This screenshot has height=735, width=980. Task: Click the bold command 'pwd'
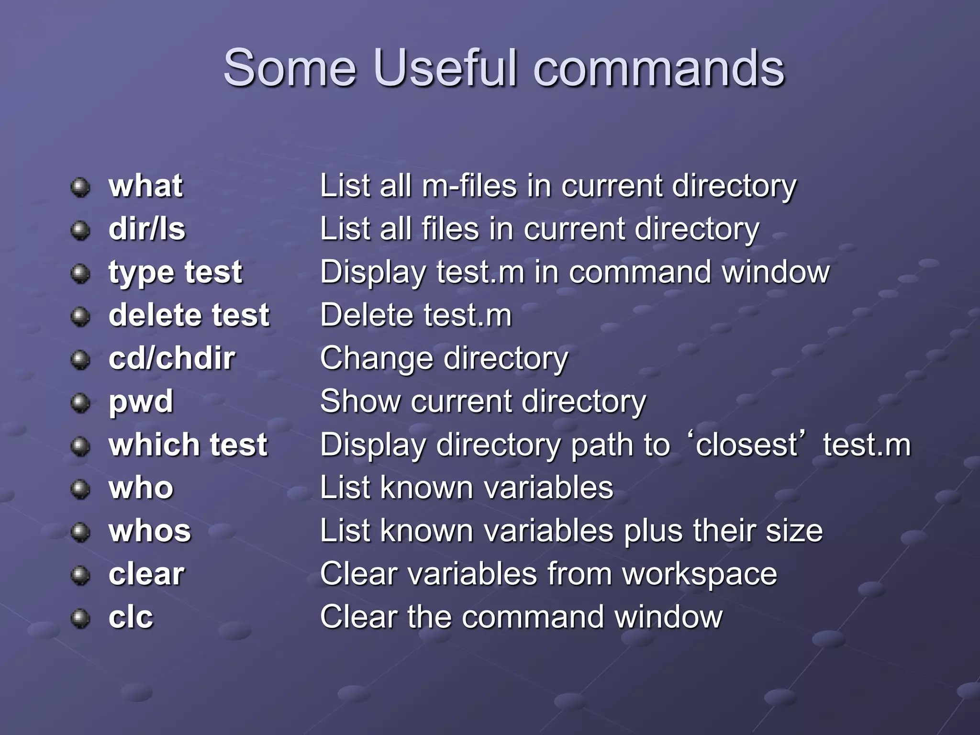tap(141, 402)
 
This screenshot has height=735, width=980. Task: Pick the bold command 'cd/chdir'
tap(172, 358)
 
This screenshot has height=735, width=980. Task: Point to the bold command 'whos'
tap(150, 531)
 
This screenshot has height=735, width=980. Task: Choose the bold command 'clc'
tap(131, 617)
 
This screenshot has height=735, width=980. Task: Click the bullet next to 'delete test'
tap(80, 316)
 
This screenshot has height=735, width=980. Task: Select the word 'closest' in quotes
tap(746, 445)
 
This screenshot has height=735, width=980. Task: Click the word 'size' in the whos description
tap(794, 531)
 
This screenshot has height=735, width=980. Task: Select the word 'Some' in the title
tap(290, 68)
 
